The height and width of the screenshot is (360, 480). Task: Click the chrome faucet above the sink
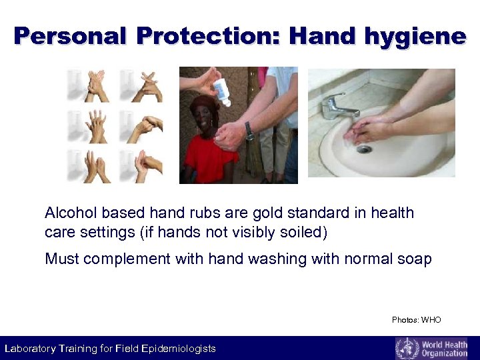(x=338, y=106)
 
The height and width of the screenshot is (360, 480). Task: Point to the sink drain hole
(x=363, y=149)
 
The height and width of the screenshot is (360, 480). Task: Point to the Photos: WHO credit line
(x=416, y=320)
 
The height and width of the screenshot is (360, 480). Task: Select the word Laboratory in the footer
(x=31, y=349)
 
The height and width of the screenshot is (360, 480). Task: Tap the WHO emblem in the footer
(x=407, y=348)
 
